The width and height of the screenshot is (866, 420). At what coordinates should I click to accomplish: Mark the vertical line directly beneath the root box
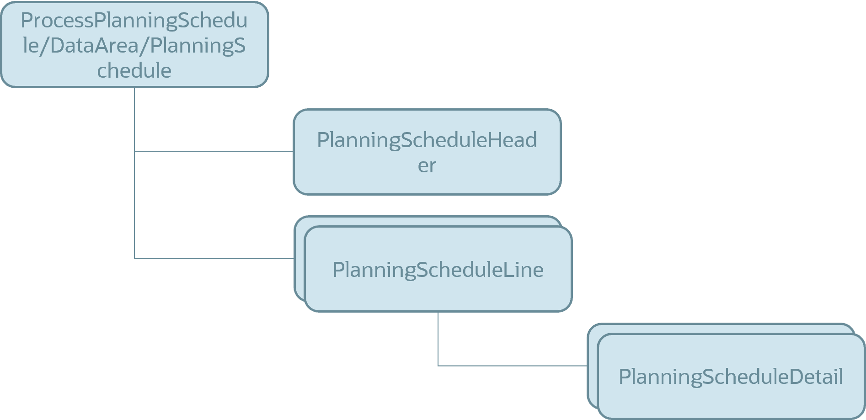[x=134, y=119]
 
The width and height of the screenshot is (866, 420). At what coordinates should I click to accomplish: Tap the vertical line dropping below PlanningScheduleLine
[x=438, y=338]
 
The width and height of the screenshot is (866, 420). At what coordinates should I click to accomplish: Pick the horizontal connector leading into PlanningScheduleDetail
[x=512, y=366]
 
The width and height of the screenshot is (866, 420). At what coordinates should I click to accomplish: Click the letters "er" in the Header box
[x=427, y=165]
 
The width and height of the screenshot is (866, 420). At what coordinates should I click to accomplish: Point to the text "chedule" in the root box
[x=134, y=71]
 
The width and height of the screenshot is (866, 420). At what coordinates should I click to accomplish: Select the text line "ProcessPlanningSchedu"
[x=134, y=21]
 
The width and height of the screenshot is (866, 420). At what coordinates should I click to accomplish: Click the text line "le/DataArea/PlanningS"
[x=134, y=46]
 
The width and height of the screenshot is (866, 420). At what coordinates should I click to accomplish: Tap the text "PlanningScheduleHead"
[x=427, y=140]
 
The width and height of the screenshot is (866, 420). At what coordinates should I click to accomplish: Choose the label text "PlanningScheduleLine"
[x=438, y=270]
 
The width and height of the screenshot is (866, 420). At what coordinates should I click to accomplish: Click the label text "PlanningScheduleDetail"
[x=731, y=377]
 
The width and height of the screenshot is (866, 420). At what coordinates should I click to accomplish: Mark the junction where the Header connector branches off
[x=134, y=151]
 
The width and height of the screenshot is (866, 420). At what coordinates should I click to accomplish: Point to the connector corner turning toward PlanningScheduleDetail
[x=438, y=366]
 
